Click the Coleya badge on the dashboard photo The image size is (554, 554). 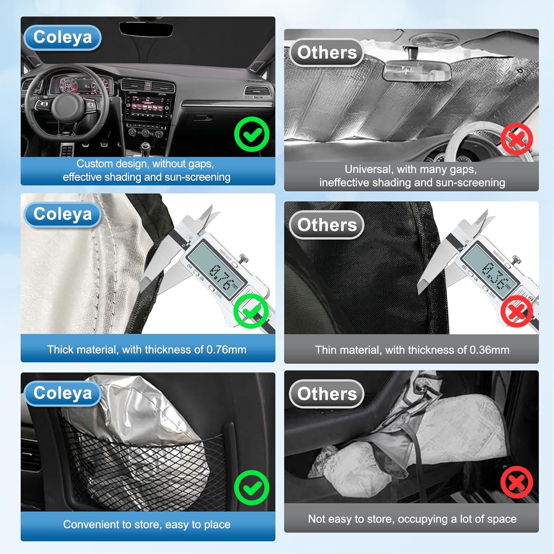point(62,37)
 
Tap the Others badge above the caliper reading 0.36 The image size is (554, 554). point(326,225)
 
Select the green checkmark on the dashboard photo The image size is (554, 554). point(252,134)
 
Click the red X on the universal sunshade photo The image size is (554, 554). point(517,139)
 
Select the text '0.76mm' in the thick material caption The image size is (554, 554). point(226,350)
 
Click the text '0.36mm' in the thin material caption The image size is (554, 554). point(489,350)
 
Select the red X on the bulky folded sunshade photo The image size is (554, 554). point(517,482)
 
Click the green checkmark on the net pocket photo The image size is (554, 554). point(252,488)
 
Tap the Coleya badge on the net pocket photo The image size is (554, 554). point(62,393)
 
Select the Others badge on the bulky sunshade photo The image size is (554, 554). point(326,394)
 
